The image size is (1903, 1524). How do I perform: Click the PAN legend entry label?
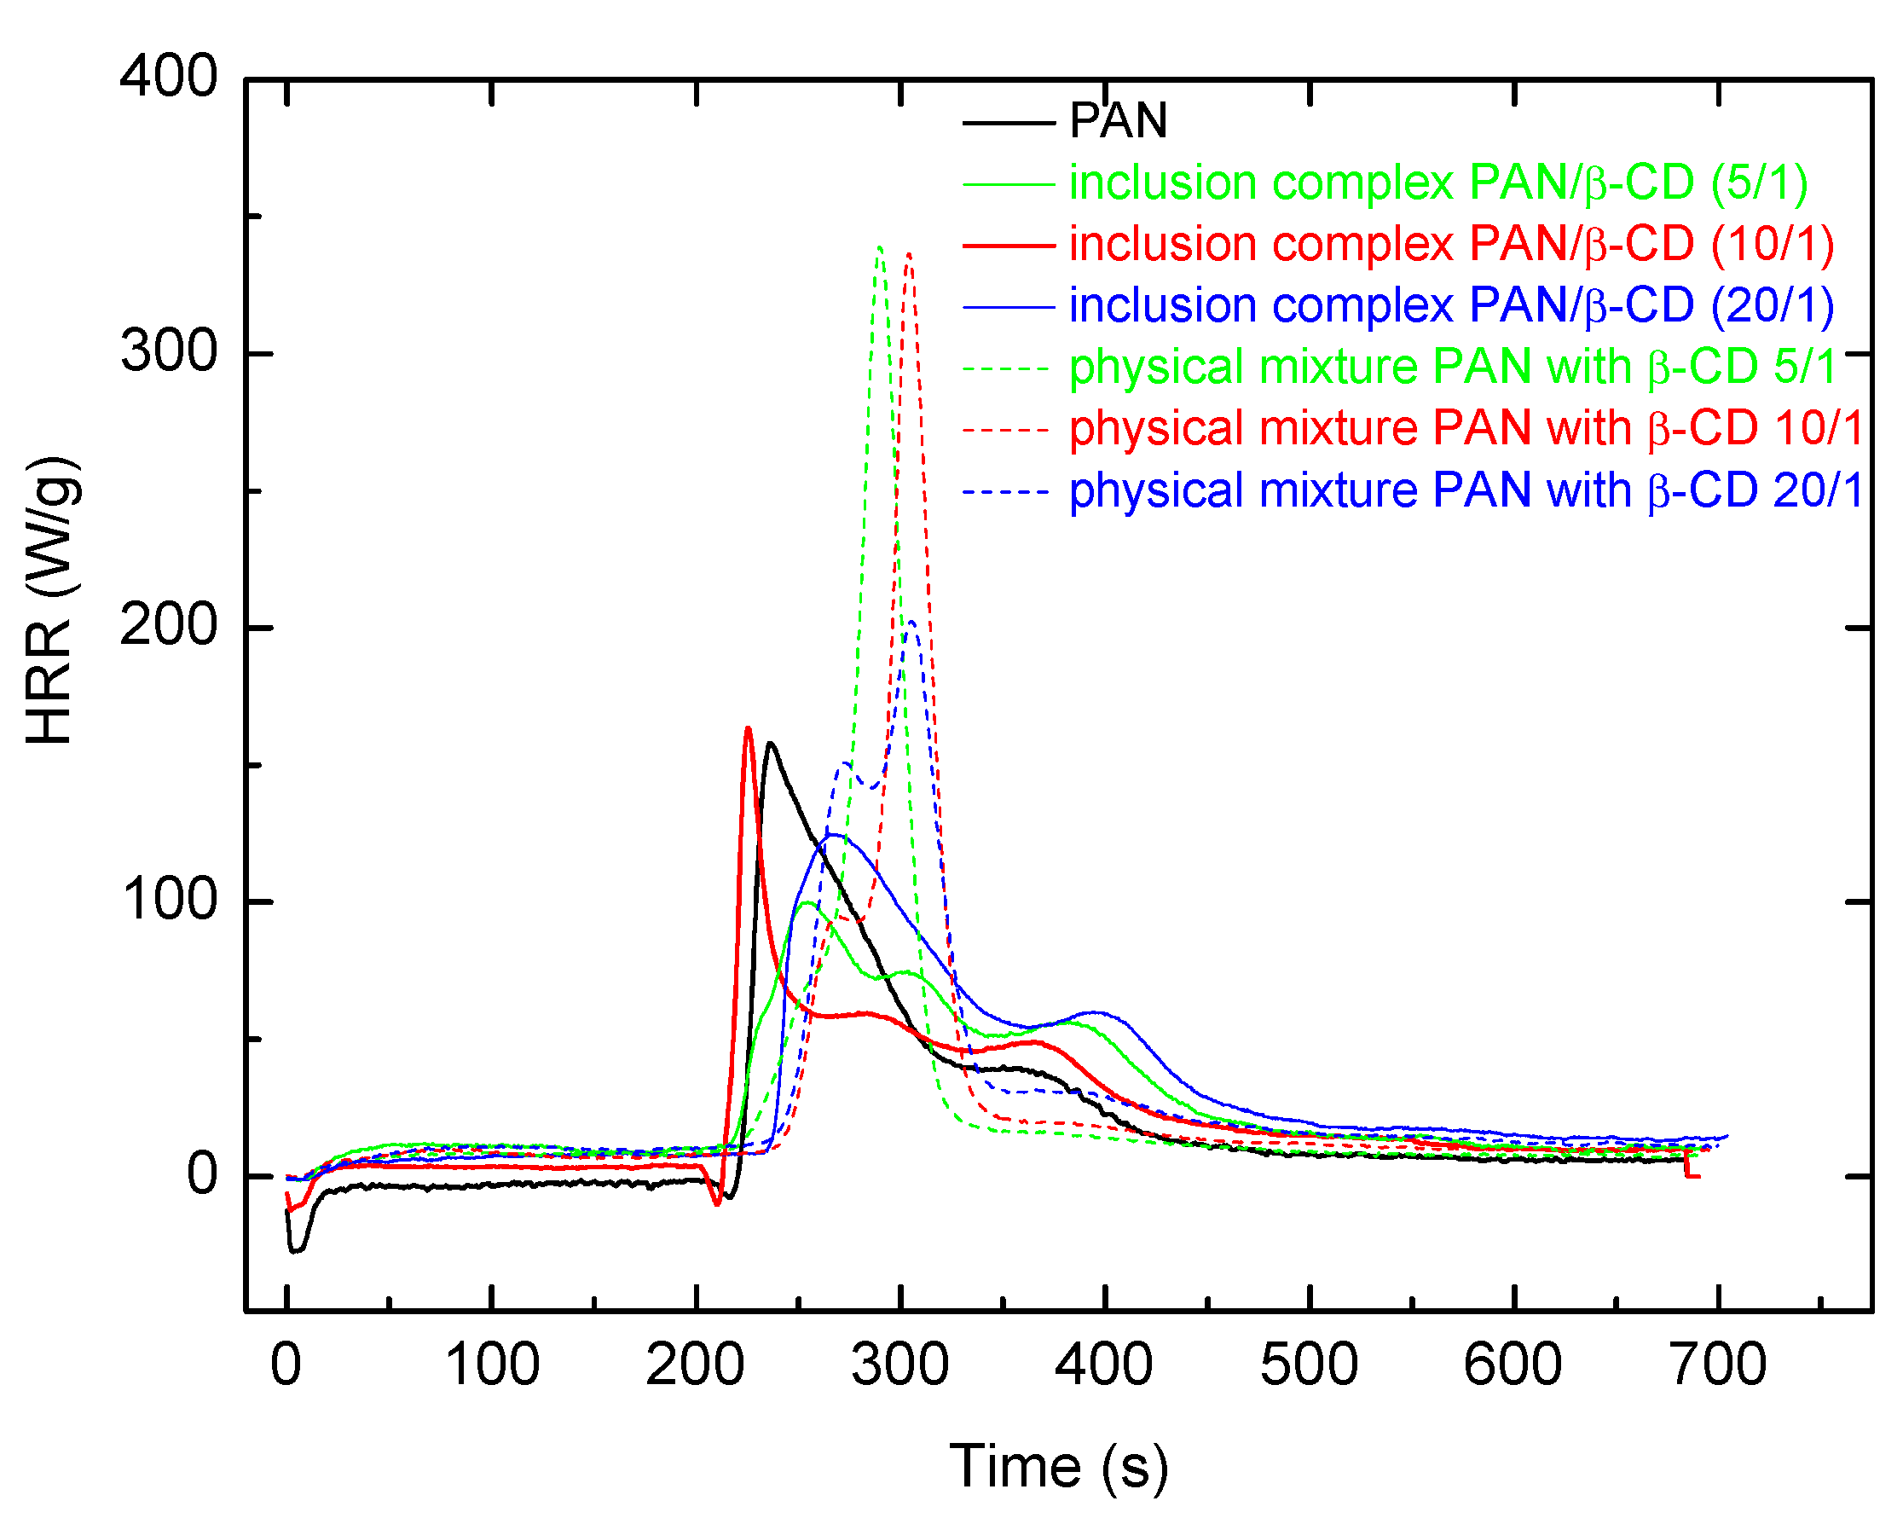pos(1118,121)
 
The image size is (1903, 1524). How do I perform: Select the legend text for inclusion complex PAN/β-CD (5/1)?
pos(1437,183)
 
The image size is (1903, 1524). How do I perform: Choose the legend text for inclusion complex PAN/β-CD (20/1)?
pos(1451,305)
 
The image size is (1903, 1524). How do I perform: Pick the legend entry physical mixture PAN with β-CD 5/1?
pos(1452,368)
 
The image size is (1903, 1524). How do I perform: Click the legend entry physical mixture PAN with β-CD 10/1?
pos(1466,429)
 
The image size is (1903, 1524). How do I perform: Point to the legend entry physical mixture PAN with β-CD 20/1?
pos(1466,490)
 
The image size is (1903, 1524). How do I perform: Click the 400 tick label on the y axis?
pos(168,77)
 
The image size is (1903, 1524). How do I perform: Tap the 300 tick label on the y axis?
pos(168,352)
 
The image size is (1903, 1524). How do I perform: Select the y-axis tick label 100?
pos(168,901)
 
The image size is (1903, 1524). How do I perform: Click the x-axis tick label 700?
pos(1719,1365)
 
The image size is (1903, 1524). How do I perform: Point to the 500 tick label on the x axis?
pos(1309,1365)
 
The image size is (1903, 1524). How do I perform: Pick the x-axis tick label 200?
pos(696,1365)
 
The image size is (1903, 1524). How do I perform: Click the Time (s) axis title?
pos(1058,1467)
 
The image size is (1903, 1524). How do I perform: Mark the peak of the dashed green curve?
pos(880,247)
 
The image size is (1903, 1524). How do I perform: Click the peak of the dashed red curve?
pos(909,253)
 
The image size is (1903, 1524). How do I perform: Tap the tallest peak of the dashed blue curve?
pos(911,622)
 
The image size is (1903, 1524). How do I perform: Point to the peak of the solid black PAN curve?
pos(771,744)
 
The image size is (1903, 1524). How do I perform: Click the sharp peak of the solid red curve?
pos(748,728)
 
